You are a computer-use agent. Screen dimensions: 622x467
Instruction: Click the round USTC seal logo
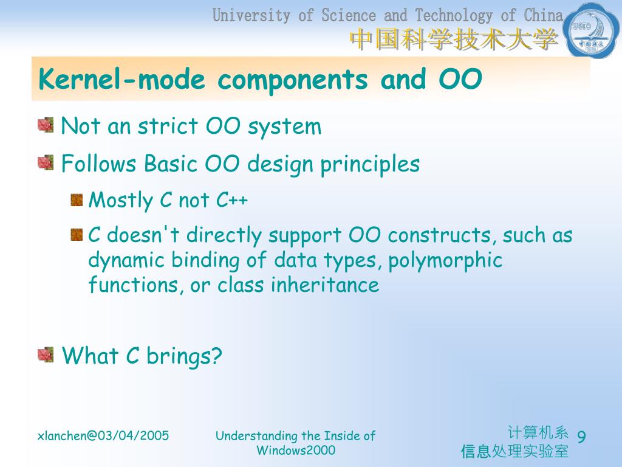592,30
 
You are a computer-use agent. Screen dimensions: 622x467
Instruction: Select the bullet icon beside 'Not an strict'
46,125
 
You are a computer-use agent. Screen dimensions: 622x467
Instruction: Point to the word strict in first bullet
168,126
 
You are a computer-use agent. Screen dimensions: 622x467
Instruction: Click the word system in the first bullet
284,128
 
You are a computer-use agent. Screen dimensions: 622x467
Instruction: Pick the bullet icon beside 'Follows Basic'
46,162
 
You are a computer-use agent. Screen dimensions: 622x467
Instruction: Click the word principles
370,164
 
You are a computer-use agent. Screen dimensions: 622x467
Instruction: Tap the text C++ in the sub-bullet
232,199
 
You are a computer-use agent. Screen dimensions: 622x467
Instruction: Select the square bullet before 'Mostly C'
77,200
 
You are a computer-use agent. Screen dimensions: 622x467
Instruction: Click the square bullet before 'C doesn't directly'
77,235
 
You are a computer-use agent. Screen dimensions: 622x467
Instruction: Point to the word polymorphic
445,261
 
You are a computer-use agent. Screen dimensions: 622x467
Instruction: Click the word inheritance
325,285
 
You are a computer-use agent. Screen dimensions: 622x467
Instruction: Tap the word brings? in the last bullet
184,356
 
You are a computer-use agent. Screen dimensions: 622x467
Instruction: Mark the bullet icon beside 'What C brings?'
46,355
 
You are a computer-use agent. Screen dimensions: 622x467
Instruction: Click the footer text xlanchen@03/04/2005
103,435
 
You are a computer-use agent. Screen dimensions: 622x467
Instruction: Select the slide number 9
581,437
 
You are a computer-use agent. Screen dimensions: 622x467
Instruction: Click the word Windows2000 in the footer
296,451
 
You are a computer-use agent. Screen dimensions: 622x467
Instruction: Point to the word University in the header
251,16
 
